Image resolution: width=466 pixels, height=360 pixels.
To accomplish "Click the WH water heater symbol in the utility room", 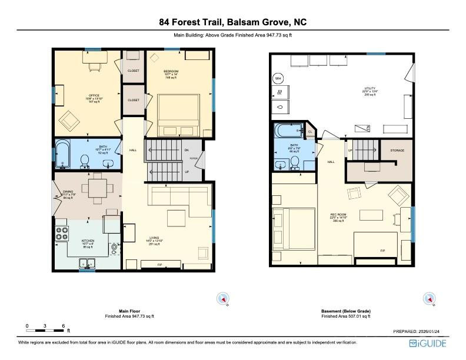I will pos(278,78).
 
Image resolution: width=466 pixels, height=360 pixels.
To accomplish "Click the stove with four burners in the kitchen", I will pos(61,234).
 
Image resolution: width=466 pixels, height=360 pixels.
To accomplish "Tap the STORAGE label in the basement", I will pos(397,151).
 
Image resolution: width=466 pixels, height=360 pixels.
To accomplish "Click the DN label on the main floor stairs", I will pos(187,150).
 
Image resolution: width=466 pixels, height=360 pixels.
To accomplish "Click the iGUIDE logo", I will pos(428,343).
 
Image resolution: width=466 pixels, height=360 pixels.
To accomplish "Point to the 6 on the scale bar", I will pos(63,325).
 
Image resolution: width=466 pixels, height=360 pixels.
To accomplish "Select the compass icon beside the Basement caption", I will pos(428,299).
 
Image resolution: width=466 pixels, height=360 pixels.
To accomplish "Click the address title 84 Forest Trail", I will pos(232,22).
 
